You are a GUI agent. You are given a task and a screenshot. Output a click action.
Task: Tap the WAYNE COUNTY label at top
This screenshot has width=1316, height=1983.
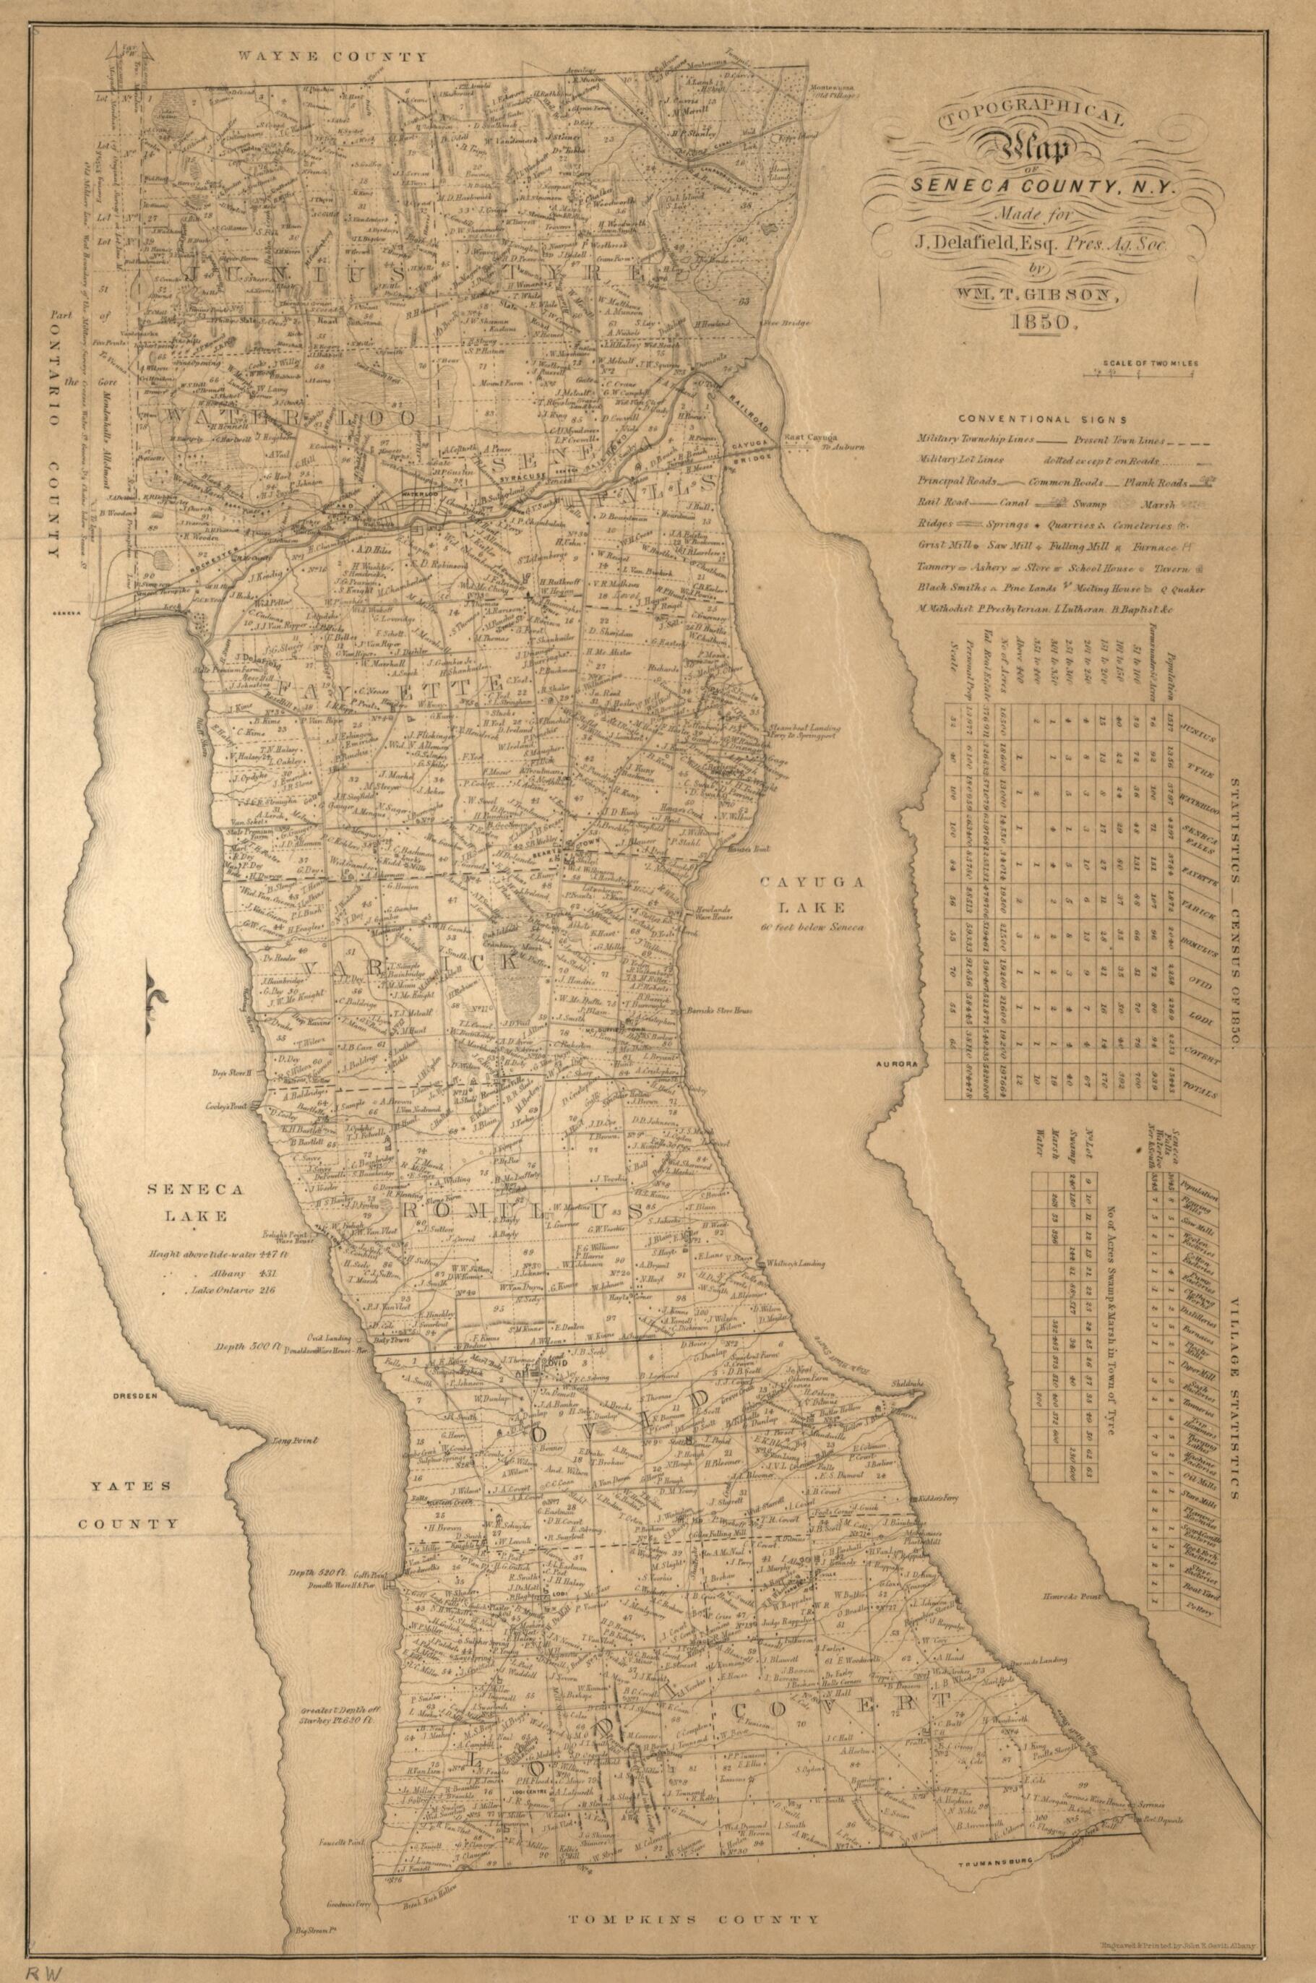(x=332, y=57)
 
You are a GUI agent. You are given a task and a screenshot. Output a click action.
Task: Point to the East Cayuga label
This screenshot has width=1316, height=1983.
(x=807, y=438)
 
